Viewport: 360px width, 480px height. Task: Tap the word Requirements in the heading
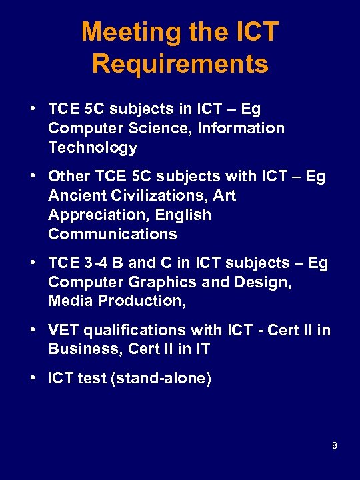(180, 64)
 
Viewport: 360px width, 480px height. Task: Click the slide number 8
(335, 445)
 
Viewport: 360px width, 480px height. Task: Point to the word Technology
(93, 147)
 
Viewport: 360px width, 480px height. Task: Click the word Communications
(113, 235)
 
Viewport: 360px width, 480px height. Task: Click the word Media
(71, 301)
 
